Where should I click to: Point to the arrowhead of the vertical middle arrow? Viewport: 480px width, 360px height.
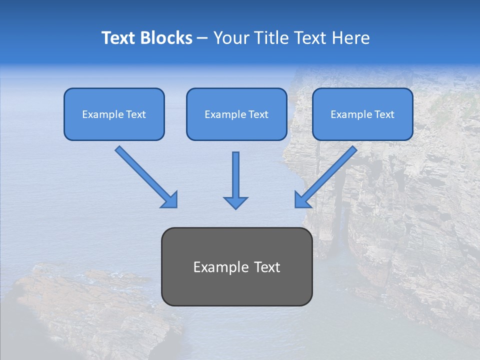[x=235, y=202]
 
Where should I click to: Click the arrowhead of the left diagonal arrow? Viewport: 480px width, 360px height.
[x=170, y=200]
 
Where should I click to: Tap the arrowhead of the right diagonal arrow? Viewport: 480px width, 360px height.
[x=301, y=200]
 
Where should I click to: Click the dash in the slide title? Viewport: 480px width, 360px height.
[x=202, y=38]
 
